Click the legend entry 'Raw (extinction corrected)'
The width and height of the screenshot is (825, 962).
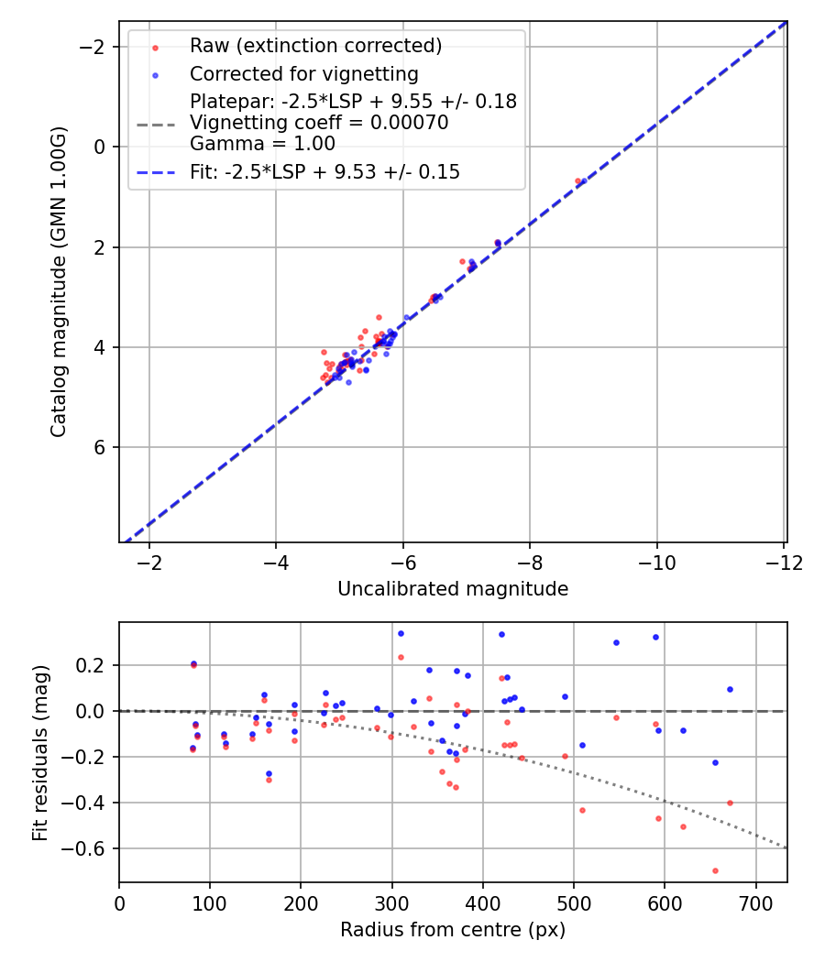point(315,46)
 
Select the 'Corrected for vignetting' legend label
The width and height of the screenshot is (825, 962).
point(303,74)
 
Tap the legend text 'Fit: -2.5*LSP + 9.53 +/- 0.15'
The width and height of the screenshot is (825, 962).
point(324,171)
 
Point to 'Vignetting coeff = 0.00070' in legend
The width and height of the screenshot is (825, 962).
point(319,123)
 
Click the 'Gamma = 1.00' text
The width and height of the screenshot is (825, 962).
point(262,144)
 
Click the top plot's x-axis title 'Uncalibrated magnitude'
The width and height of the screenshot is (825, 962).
point(453,589)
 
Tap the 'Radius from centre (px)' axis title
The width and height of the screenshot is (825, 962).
point(453,930)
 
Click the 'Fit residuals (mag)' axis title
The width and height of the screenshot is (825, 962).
point(40,753)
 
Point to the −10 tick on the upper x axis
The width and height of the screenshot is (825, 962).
point(656,562)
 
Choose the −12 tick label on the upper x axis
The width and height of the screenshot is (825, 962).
point(783,562)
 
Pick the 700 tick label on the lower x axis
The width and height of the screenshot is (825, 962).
point(755,902)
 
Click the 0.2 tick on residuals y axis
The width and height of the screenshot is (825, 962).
point(96,665)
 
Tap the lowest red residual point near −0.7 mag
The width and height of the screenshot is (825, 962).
point(715,870)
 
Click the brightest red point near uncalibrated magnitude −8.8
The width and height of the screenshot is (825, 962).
point(577,180)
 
